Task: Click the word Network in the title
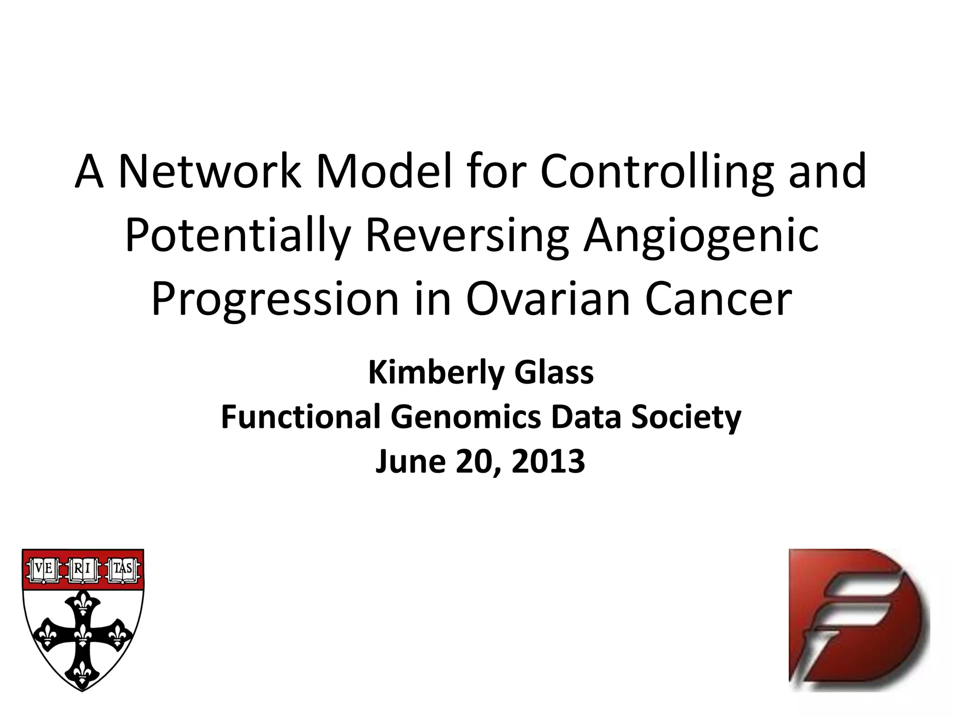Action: click(210, 172)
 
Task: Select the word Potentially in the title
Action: click(238, 235)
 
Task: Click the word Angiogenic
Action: click(701, 235)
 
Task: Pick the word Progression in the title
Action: click(275, 299)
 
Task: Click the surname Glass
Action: click(554, 373)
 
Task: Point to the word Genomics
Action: click(466, 417)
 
